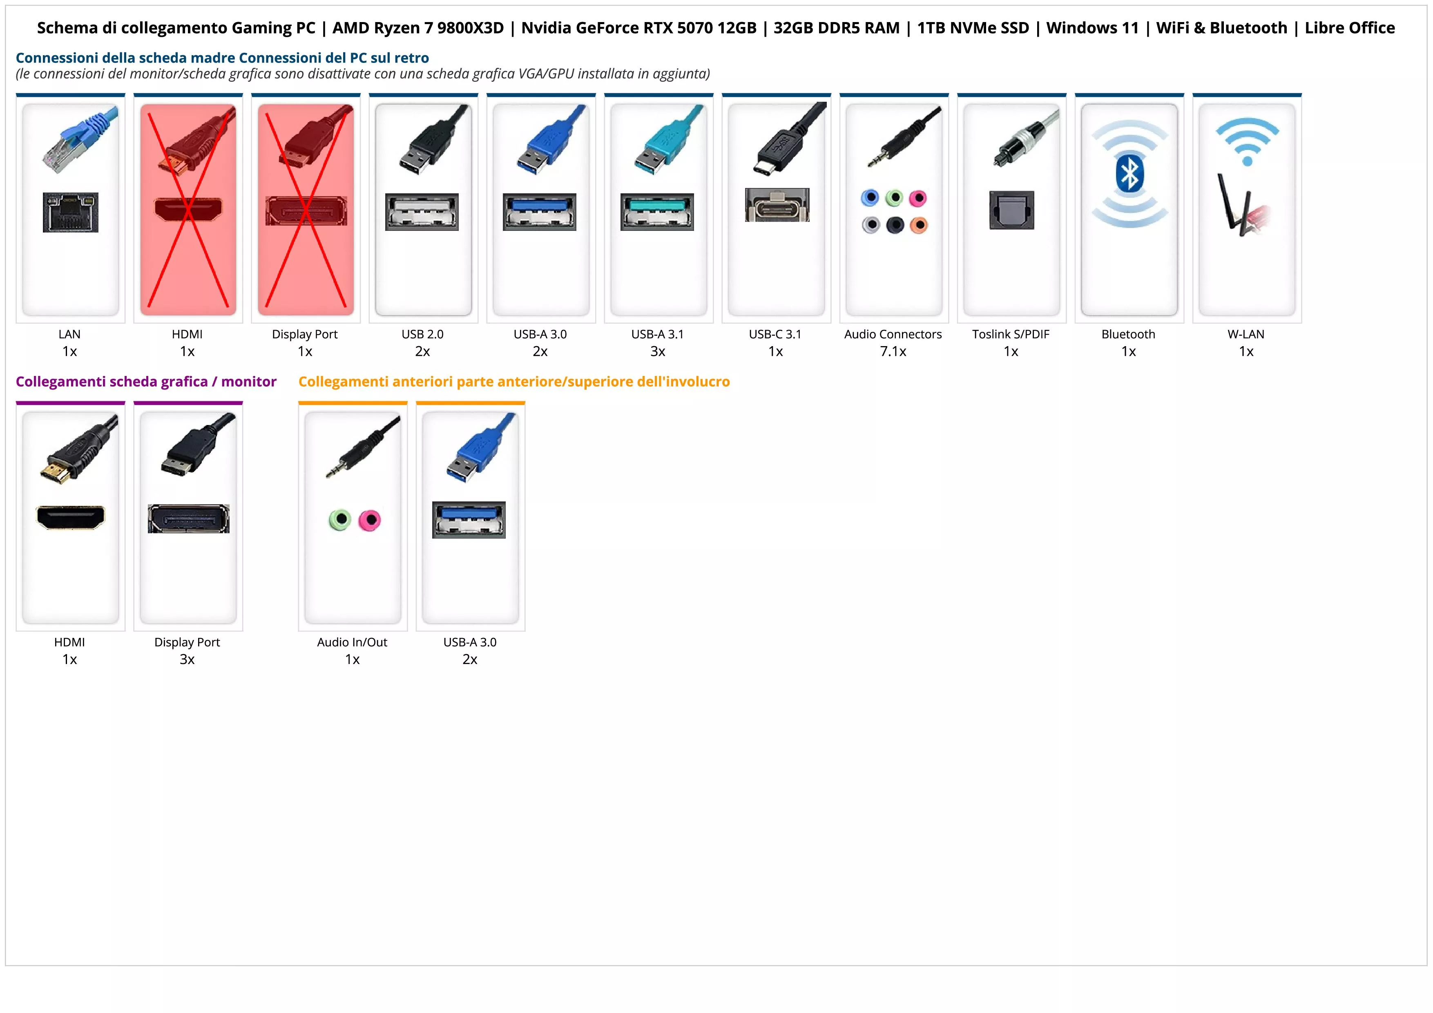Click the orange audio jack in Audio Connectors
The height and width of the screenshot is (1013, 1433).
pos(919,225)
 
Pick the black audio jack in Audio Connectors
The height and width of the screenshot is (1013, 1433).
pos(895,225)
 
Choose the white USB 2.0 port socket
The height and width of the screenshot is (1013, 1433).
pos(422,212)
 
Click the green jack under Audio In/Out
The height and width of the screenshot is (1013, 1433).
pos(339,519)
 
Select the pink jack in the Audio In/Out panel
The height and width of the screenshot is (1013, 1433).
pos(370,519)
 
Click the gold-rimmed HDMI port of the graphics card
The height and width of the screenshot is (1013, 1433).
pos(71,517)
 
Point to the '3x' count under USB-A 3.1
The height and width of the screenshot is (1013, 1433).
pos(657,351)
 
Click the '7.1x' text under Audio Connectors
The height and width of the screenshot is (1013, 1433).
pos(893,351)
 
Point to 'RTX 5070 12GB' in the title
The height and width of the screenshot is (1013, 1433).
pos(699,28)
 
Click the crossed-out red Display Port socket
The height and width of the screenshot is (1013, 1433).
pos(306,211)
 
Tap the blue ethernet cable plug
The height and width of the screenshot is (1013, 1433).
pos(81,141)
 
